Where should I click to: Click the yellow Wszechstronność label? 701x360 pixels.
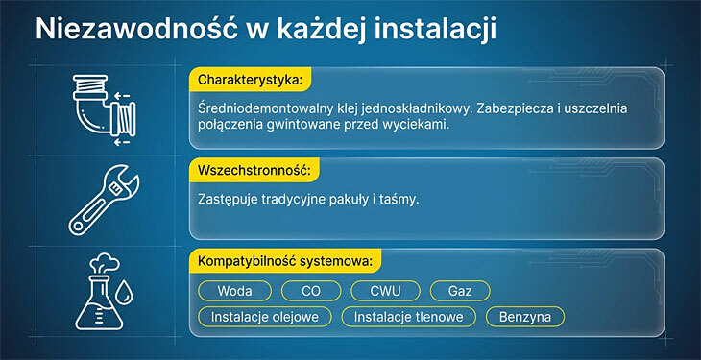(x=253, y=170)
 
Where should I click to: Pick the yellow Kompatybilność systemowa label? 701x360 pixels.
(x=287, y=261)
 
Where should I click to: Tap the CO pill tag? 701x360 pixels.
(x=310, y=290)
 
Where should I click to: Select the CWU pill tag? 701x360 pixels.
(x=383, y=290)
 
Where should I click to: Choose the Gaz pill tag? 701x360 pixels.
(x=459, y=290)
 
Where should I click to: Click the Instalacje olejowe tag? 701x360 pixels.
(x=265, y=316)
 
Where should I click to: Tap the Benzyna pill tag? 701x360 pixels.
(x=524, y=316)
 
